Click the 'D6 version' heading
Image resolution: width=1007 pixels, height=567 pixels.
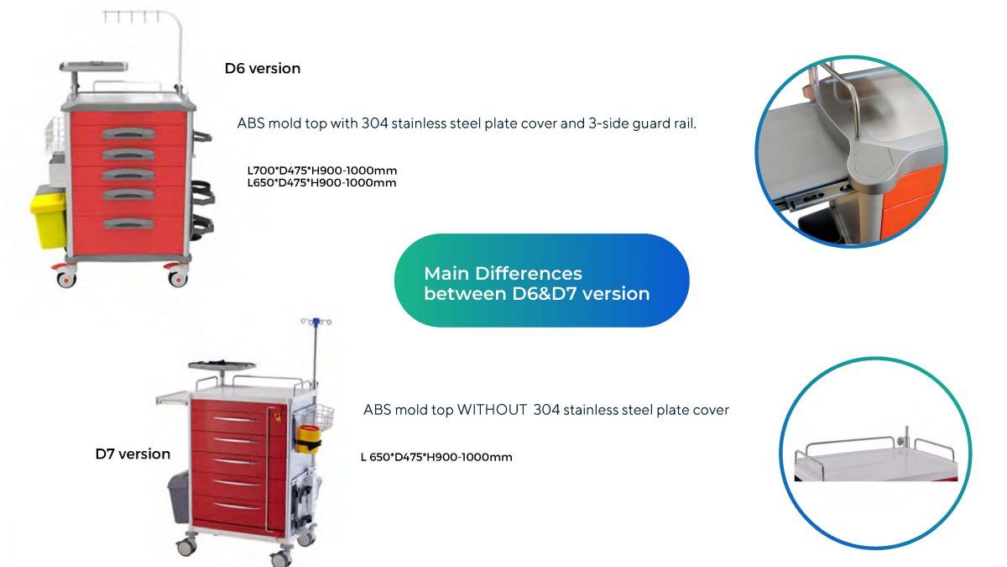(262, 69)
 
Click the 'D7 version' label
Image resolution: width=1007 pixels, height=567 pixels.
(133, 454)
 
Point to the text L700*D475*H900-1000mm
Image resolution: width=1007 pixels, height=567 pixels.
(322, 171)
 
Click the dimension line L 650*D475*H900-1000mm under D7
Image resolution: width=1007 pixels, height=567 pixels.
(436, 457)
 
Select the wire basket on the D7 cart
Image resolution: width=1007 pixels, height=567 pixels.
(317, 417)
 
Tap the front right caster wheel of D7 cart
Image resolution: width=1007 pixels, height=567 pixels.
(284, 556)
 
